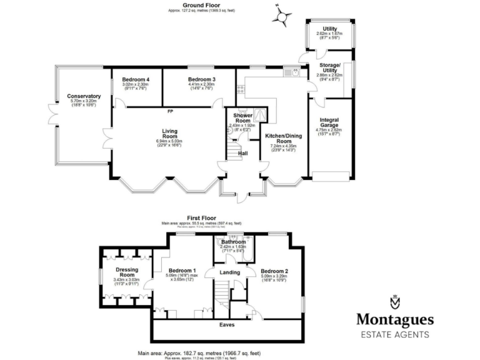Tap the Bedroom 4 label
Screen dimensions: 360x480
point(136,80)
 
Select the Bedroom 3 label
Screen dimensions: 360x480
point(201,80)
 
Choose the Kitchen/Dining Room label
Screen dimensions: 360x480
point(279,138)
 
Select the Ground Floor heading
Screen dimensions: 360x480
point(196,5)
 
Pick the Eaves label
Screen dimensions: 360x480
point(226,326)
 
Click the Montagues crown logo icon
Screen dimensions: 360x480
point(394,302)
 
